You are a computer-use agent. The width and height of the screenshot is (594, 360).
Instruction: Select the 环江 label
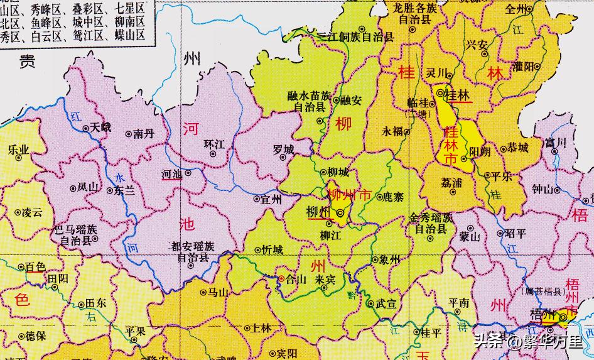[214, 144]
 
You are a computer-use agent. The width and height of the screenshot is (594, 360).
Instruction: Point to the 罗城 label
[283, 150]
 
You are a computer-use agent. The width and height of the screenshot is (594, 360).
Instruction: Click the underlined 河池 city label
[172, 173]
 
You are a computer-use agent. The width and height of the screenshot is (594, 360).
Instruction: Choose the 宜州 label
[271, 200]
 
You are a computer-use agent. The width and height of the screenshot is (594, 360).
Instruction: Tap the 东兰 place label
[124, 190]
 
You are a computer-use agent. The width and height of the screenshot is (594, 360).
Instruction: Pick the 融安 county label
[351, 100]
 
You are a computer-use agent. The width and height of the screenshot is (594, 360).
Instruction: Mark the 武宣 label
[386, 304]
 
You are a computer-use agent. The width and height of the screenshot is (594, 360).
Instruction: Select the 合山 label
[295, 280]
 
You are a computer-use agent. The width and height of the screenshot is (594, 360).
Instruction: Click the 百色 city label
[35, 268]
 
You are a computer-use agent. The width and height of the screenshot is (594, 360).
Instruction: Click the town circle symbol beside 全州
[530, 9]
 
